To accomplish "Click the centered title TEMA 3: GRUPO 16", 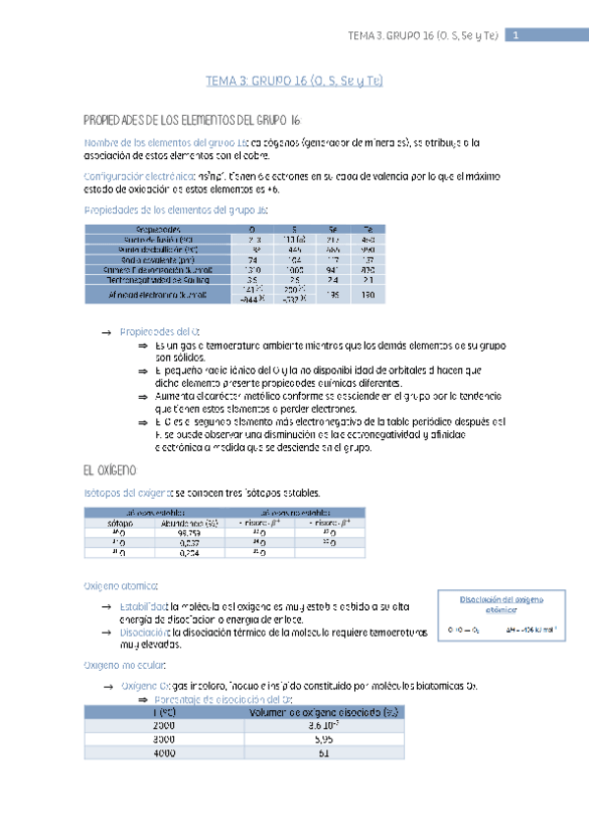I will pyautogui.click(x=294, y=83).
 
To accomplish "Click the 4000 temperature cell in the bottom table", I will pyautogui.click(x=164, y=752).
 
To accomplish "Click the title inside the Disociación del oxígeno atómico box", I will pyautogui.click(x=501, y=603).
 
